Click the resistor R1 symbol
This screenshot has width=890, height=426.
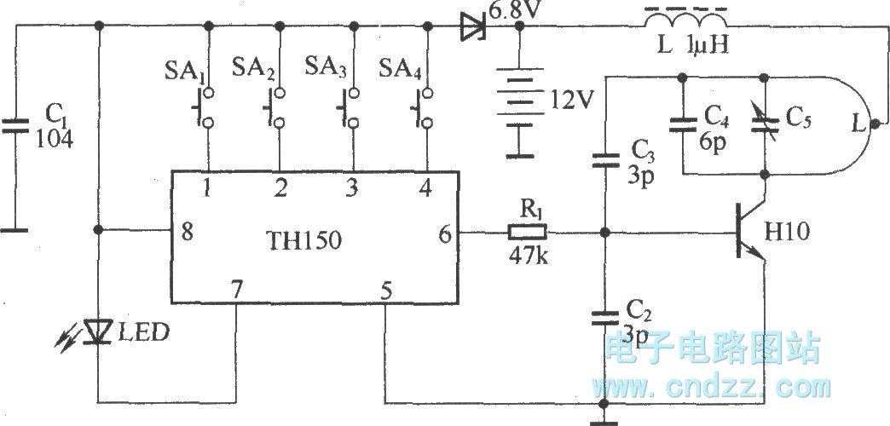point(529,232)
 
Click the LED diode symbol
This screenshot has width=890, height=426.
point(101,332)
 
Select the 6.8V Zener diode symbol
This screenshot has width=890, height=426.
point(471,27)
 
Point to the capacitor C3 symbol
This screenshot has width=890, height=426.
point(604,158)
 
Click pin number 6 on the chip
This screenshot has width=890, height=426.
point(445,232)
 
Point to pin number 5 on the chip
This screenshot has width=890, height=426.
point(386,291)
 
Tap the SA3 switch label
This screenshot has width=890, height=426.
point(325,67)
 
